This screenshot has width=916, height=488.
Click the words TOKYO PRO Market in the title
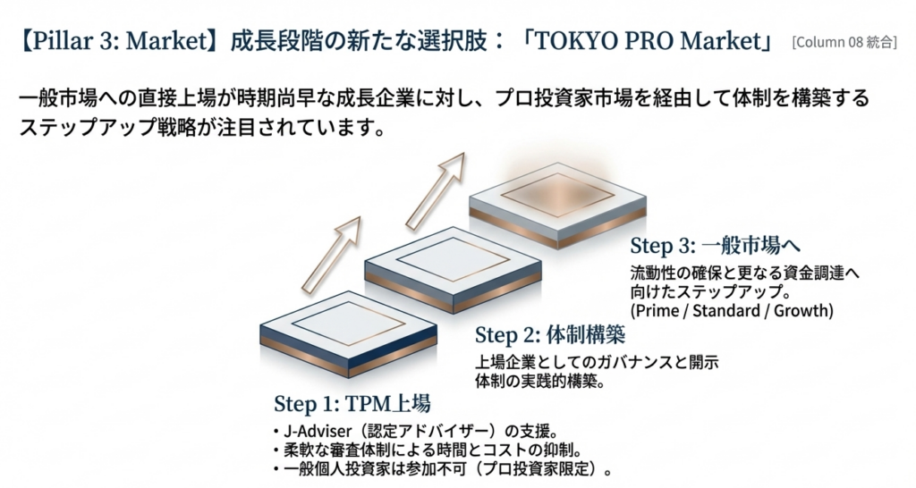[648, 41]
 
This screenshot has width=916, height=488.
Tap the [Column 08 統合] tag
[844, 43]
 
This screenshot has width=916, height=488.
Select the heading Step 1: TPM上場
[352, 403]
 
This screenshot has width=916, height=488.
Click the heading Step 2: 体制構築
[550, 335]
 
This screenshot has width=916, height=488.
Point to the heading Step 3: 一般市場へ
[715, 246]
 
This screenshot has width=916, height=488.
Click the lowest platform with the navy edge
[348, 333]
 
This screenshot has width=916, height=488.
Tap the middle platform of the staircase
[453, 269]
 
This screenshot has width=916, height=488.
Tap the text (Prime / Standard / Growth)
[732, 310]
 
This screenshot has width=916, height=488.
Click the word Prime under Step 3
[657, 310]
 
